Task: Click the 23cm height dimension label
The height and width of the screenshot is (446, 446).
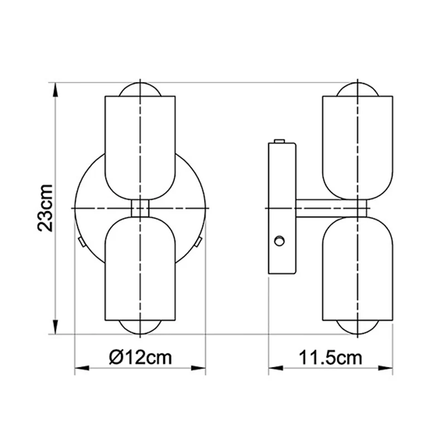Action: pyautogui.click(x=45, y=207)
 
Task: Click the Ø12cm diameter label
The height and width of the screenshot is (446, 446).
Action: pyautogui.click(x=140, y=356)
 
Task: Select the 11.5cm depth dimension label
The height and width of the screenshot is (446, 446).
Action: pyautogui.click(x=330, y=357)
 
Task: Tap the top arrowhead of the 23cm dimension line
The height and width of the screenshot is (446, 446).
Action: pyautogui.click(x=56, y=89)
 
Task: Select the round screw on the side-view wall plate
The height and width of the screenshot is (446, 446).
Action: pyautogui.click(x=279, y=241)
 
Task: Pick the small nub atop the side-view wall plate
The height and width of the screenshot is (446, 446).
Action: pyautogui.click(x=280, y=142)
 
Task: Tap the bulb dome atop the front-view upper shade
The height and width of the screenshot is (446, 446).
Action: pyautogui.click(x=140, y=90)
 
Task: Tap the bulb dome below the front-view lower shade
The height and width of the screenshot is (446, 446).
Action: pyautogui.click(x=140, y=328)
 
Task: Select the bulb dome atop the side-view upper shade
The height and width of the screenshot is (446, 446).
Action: pyautogui.click(x=358, y=90)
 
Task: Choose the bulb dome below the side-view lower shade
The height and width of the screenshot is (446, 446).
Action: pyautogui.click(x=358, y=328)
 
